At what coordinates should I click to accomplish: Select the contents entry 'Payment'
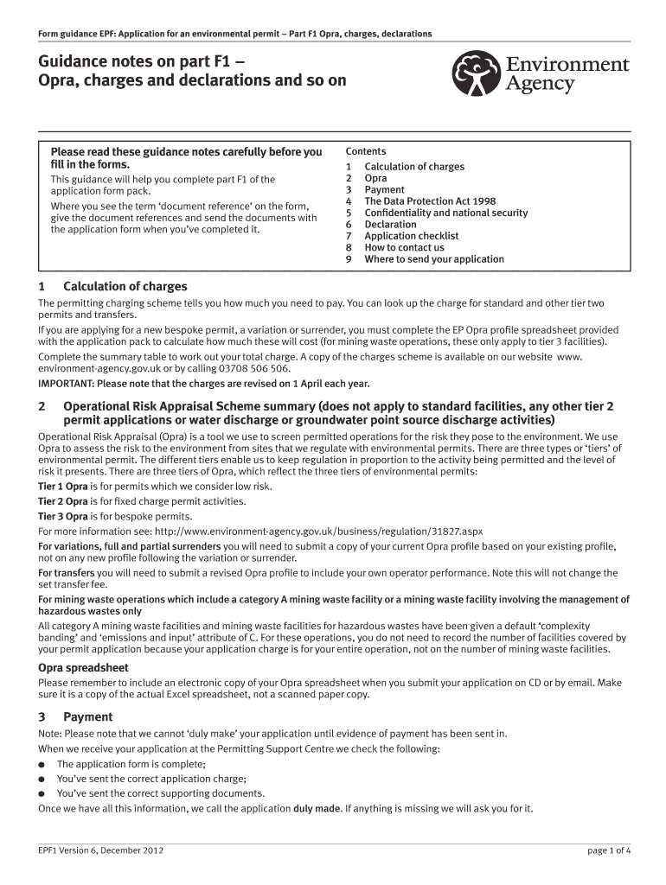tap(384, 190)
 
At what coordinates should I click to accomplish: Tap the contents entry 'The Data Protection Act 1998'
tap(430, 201)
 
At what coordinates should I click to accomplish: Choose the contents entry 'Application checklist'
tap(411, 236)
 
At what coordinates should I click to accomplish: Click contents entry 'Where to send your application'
tap(433, 259)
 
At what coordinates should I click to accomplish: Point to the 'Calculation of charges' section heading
tap(125, 286)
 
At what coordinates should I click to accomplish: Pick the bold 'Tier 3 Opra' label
tap(63, 516)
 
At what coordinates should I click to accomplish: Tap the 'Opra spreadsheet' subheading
tap(83, 667)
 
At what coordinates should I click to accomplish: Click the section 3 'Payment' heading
tap(87, 716)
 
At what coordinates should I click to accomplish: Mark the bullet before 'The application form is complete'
tap(42, 765)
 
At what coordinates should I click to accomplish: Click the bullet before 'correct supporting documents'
tap(42, 793)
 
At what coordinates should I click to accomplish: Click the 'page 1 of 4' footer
tap(609, 850)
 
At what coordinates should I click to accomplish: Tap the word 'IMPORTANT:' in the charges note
tap(66, 383)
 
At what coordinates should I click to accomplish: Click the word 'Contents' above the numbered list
tap(366, 151)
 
